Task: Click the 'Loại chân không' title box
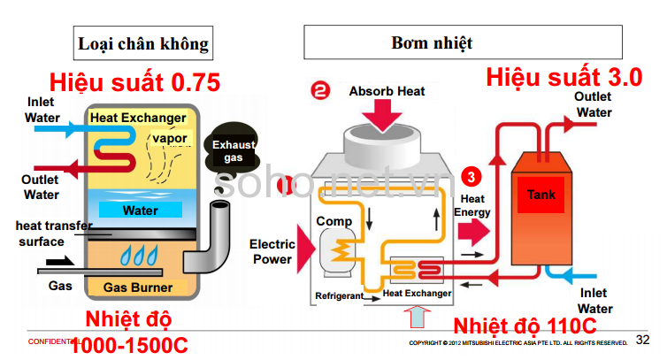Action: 143,42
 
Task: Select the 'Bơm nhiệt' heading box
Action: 432,42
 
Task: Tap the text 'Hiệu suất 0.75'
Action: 134,83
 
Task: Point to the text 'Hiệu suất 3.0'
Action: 563,77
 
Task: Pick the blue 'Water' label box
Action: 141,211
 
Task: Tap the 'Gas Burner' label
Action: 138,287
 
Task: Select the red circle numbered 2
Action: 319,90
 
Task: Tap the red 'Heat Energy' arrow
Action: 475,232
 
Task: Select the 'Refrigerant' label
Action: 339,295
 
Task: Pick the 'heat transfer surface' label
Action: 53,234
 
